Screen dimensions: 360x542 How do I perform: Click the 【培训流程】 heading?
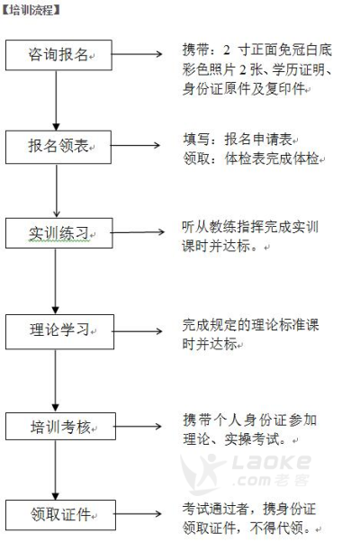(x=31, y=10)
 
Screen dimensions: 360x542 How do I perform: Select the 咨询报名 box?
(x=58, y=55)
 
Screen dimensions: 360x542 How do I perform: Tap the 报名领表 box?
(x=58, y=147)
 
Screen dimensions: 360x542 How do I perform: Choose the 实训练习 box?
(x=59, y=233)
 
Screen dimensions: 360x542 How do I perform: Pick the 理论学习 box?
(x=59, y=331)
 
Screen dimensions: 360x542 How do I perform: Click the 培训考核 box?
(x=61, y=426)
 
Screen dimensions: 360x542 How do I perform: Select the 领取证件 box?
(x=61, y=515)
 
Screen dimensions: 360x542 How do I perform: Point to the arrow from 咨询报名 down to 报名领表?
(x=56, y=100)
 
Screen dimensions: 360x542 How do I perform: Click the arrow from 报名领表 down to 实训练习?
(x=57, y=191)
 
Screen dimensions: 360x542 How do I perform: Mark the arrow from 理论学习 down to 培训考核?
(x=55, y=381)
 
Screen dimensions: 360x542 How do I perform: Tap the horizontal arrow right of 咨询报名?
(x=137, y=54)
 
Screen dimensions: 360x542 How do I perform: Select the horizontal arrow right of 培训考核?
(x=139, y=426)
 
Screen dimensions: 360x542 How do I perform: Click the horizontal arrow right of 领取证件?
(x=139, y=514)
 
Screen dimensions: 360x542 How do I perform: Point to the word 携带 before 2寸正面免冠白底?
(x=195, y=50)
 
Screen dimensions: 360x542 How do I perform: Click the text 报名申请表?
(x=259, y=140)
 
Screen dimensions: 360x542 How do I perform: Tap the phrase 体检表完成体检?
(x=272, y=158)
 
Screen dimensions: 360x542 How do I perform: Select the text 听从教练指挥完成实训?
(x=250, y=227)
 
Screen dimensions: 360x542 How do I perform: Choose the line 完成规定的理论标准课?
(x=250, y=325)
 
